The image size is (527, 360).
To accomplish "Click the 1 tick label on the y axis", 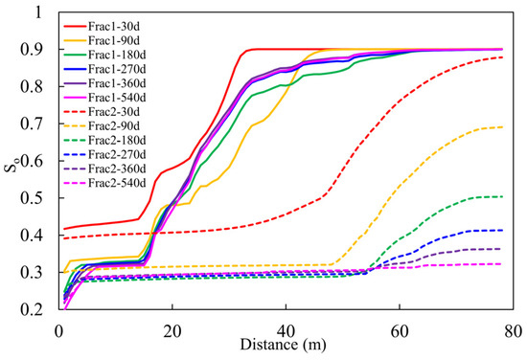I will pyautogui.click(x=39, y=12).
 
